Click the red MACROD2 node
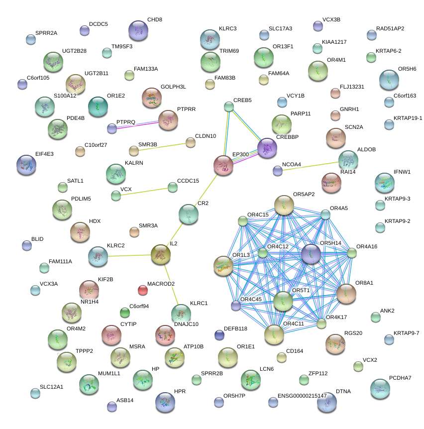click(143, 290)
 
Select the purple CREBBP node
click(267, 147)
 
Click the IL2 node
click(160, 254)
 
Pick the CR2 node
click(189, 214)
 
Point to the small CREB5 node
click(229, 107)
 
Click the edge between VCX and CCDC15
click(144, 192)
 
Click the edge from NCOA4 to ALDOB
click(309, 165)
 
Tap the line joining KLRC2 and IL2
click(129, 255)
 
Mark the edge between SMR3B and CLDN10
click(162, 146)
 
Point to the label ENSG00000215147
click(302, 396)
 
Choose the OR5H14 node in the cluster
click(311, 254)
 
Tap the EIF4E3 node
click(26, 165)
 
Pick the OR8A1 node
click(346, 294)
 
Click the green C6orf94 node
click(125, 313)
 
